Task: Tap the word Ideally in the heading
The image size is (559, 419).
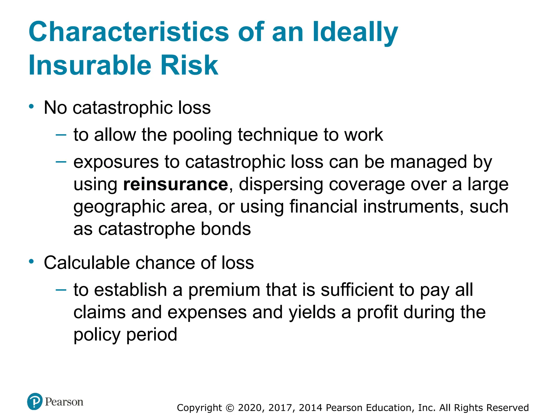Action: (355, 32)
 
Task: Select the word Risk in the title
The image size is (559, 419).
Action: (189, 65)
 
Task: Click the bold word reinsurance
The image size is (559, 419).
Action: (176, 184)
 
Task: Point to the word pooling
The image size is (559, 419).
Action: (202, 135)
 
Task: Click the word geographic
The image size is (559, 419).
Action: (119, 207)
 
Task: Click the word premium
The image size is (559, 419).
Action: (224, 290)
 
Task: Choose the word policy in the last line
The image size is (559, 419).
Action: (97, 335)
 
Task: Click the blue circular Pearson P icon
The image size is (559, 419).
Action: (35, 401)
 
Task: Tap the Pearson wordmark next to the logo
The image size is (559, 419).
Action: (64, 402)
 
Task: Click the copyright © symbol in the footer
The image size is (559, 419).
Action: (230, 408)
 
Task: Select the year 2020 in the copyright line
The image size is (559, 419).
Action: (249, 408)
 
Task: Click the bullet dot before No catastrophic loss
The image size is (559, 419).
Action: (32, 106)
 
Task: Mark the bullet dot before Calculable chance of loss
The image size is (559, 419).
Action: (32, 262)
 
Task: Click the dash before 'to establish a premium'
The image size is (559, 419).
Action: (61, 290)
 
